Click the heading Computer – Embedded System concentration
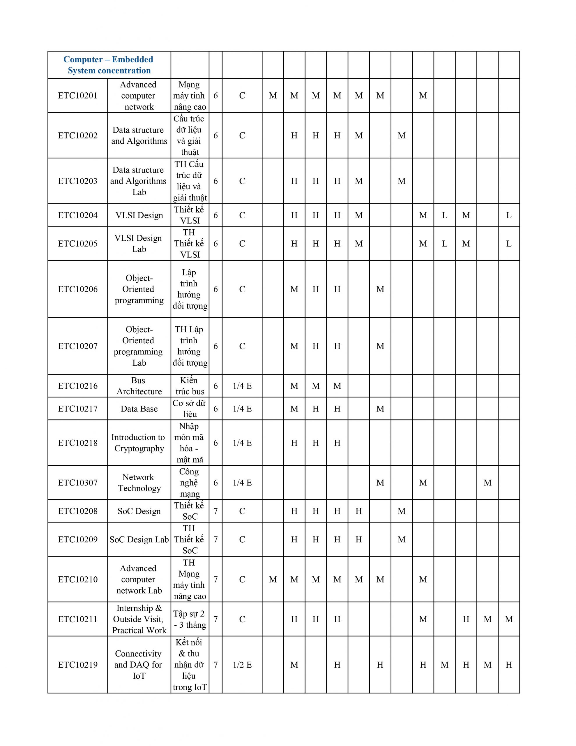pyautogui.click(x=109, y=65)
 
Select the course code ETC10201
pyautogui.click(x=77, y=96)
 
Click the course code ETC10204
pyautogui.click(x=77, y=215)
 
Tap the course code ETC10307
pyautogui.click(x=77, y=483)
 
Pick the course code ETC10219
pyautogui.click(x=77, y=665)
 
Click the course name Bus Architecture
pyautogui.click(x=139, y=386)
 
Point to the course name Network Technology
pyautogui.click(x=139, y=483)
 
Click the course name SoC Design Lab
pyautogui.click(x=139, y=539)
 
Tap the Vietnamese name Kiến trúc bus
pyautogui.click(x=190, y=386)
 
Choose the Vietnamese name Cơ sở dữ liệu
pyautogui.click(x=190, y=409)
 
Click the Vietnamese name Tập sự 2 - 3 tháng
pyautogui.click(x=190, y=619)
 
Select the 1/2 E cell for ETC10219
pyautogui.click(x=242, y=665)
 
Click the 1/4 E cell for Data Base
pyautogui.click(x=242, y=409)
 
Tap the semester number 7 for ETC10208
pyautogui.click(x=215, y=511)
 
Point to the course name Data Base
pyautogui.click(x=139, y=409)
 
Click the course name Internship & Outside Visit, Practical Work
pyautogui.click(x=139, y=619)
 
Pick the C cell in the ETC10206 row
pyautogui.click(x=242, y=289)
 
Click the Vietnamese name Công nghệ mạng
pyautogui.click(x=190, y=483)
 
